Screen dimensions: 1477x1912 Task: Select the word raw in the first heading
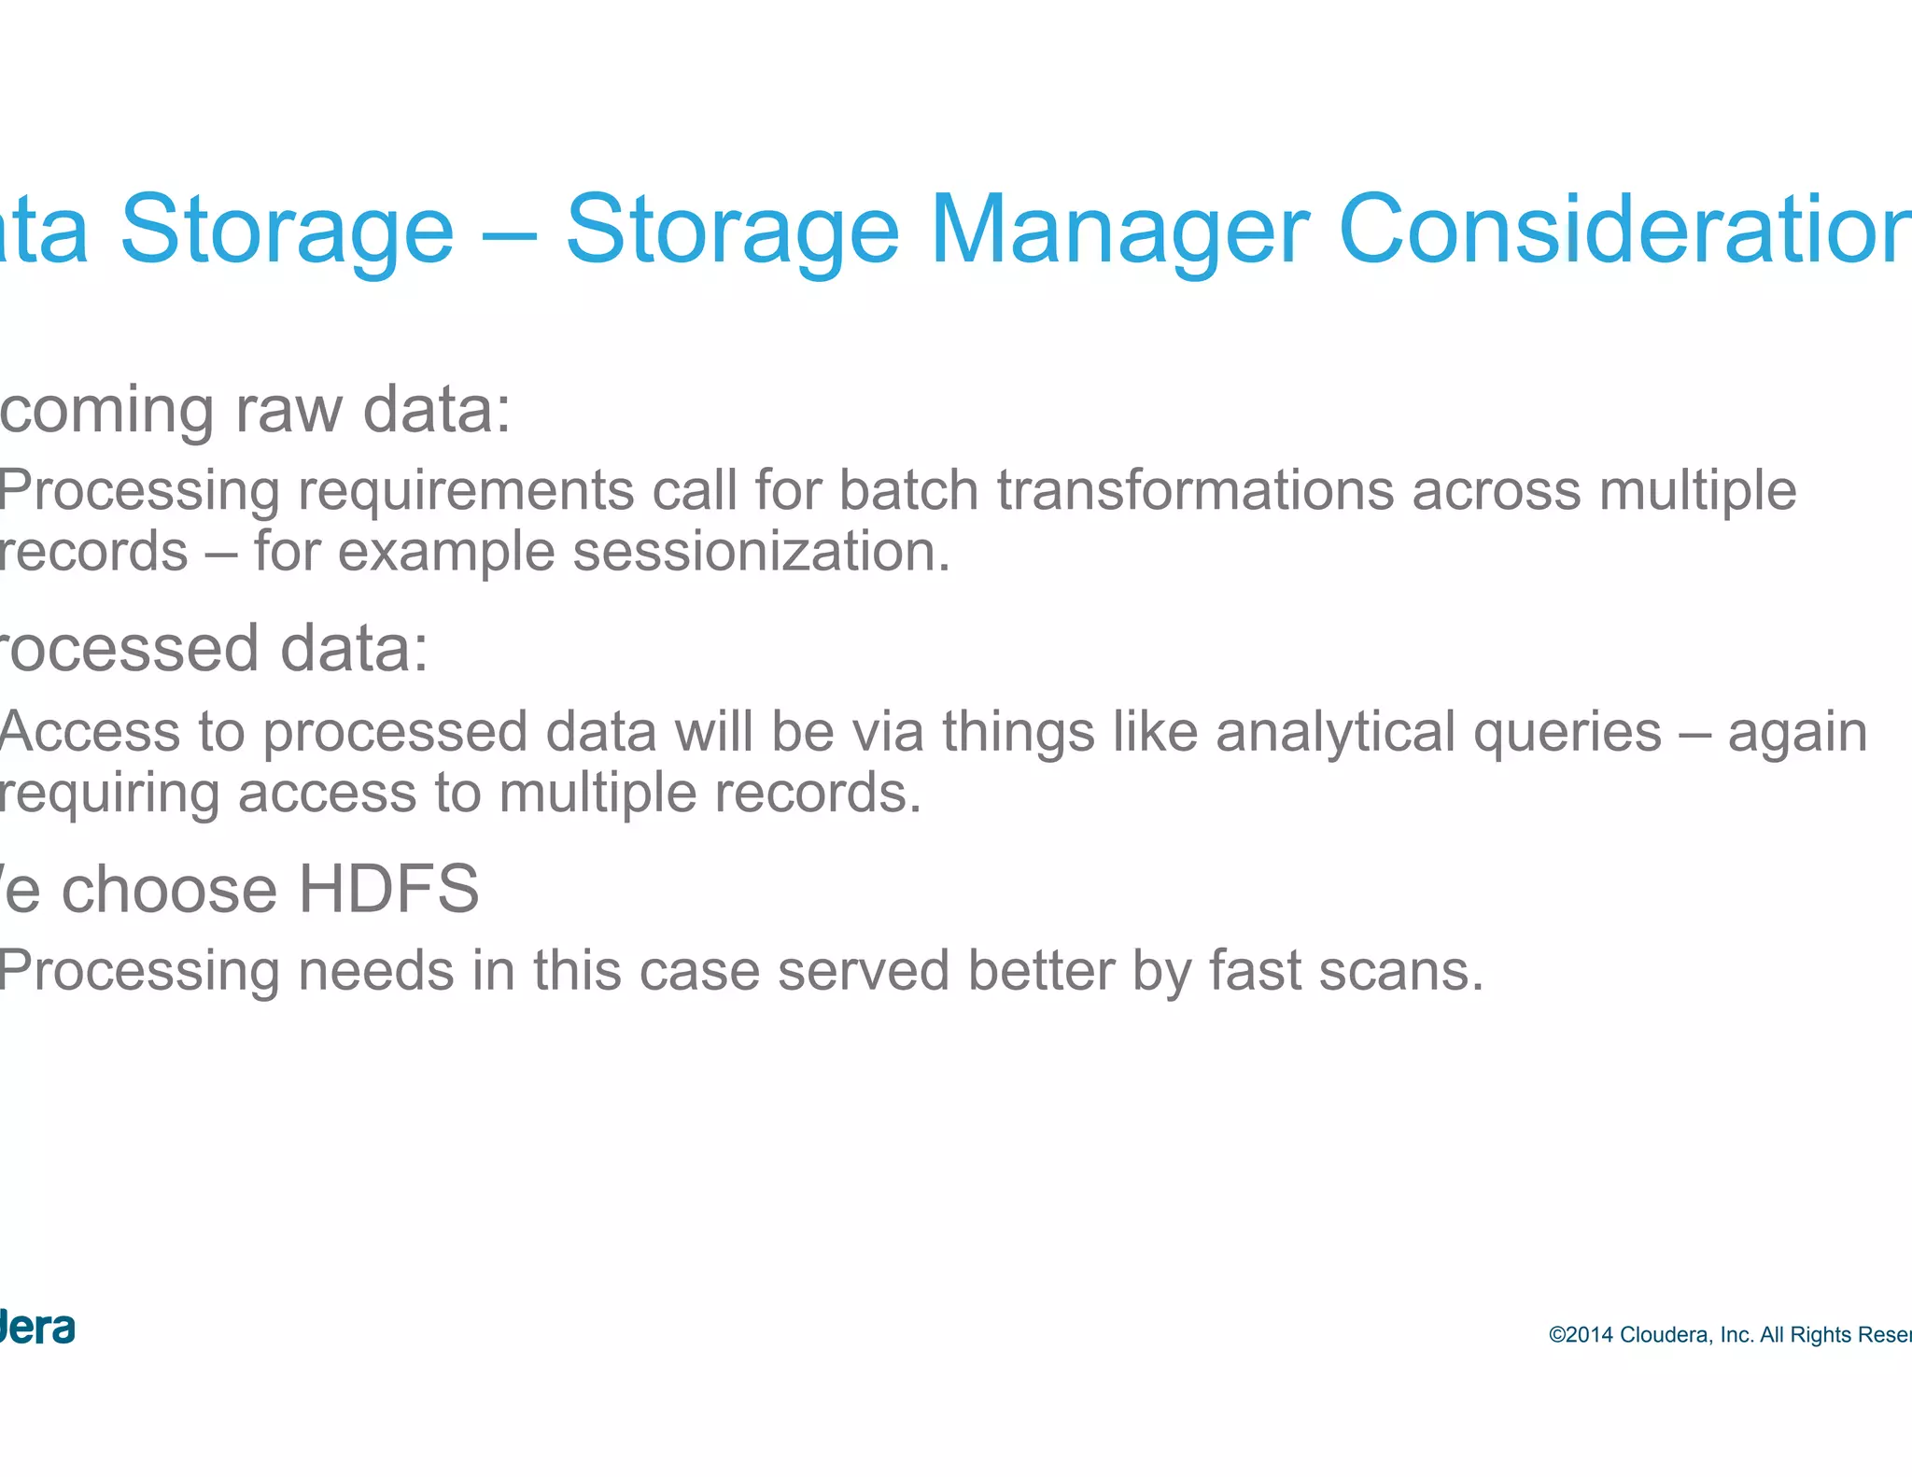tap(288, 411)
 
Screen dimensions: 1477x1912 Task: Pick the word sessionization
tap(760, 552)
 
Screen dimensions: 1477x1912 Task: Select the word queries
tap(1567, 732)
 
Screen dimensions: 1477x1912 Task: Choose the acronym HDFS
tap(388, 889)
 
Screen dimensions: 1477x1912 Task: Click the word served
tap(863, 971)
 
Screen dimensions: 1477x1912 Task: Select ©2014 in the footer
tap(1581, 1335)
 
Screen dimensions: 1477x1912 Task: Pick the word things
tap(1018, 732)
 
